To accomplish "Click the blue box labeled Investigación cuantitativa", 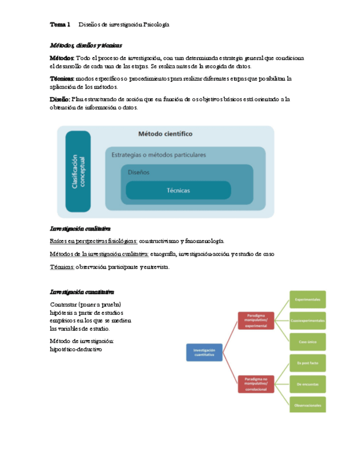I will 204,352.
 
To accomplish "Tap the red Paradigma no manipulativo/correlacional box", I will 256,384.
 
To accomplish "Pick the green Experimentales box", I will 308,299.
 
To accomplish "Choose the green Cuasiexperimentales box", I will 308,320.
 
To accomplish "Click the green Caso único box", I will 308,341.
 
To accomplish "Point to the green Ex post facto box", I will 308,363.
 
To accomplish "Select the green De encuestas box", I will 308,384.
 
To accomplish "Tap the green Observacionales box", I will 308,405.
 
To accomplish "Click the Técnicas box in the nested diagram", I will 178,190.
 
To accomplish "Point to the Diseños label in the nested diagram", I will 139,172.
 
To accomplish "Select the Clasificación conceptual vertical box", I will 78,172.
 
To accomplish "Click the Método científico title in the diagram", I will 165,134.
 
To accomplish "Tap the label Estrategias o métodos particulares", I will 159,154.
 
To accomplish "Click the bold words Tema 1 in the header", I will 60,25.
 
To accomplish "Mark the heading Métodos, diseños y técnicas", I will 86,45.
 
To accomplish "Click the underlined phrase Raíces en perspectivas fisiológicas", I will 93,241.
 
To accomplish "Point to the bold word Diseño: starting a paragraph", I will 60,99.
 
